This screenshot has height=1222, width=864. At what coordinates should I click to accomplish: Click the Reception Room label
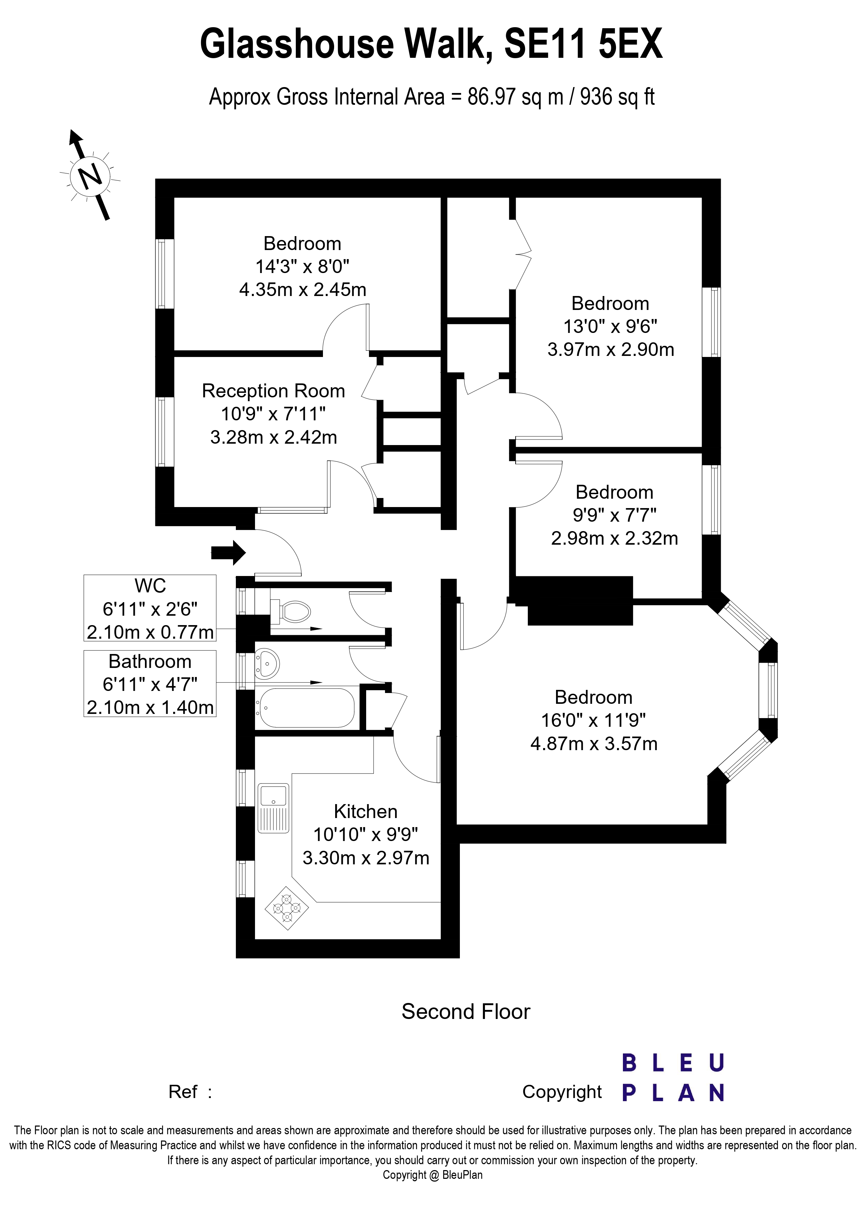[x=273, y=391]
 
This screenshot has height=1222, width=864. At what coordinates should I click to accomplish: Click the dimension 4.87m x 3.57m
[x=594, y=743]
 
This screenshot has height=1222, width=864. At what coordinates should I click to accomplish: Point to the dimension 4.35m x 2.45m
[x=302, y=289]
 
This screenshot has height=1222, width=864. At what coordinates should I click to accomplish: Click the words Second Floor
[x=466, y=1012]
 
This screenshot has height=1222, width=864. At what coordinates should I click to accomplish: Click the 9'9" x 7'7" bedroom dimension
[x=614, y=515]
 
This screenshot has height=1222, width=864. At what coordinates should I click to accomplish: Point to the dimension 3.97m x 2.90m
[x=611, y=349]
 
